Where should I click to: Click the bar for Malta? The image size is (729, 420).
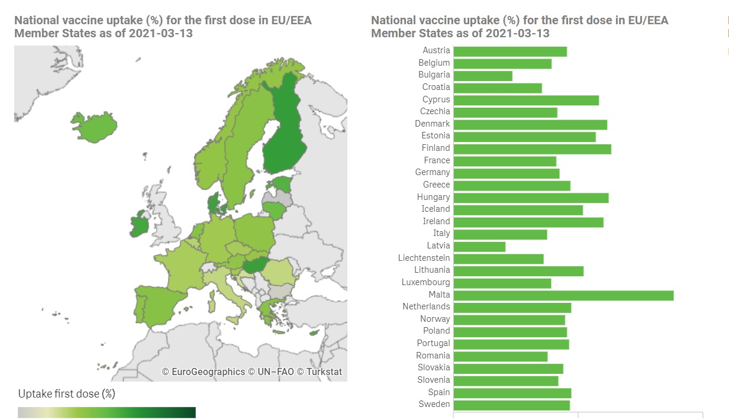pos(563,295)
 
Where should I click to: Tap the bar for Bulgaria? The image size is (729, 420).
pos(483,76)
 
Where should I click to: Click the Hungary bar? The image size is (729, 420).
pos(531,198)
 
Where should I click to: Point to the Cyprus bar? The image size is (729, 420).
pos(526,100)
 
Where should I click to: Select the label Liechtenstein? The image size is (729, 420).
pos(424,258)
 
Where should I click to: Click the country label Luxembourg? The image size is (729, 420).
pos(425,282)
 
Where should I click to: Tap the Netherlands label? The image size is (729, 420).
pos(426,306)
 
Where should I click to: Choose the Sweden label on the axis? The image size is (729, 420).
pos(434,404)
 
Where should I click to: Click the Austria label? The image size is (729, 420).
pos(436,50)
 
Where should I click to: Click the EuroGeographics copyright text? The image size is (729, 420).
pos(204,372)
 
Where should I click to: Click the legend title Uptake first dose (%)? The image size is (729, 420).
pos(66,393)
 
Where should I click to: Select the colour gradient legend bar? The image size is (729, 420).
pos(107,412)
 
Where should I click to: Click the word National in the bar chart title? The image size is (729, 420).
pos(393,21)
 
